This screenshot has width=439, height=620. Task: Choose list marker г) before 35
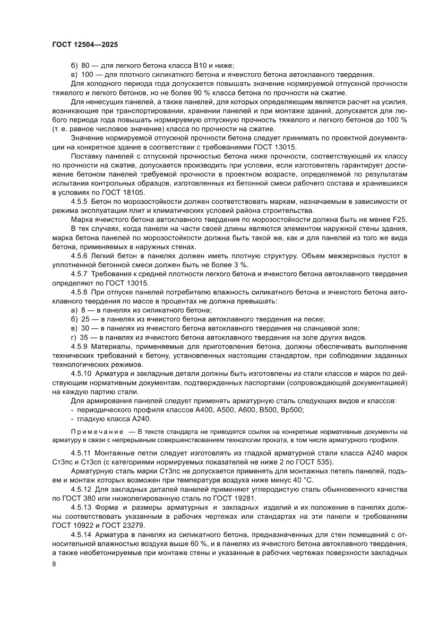(x=74, y=338)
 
